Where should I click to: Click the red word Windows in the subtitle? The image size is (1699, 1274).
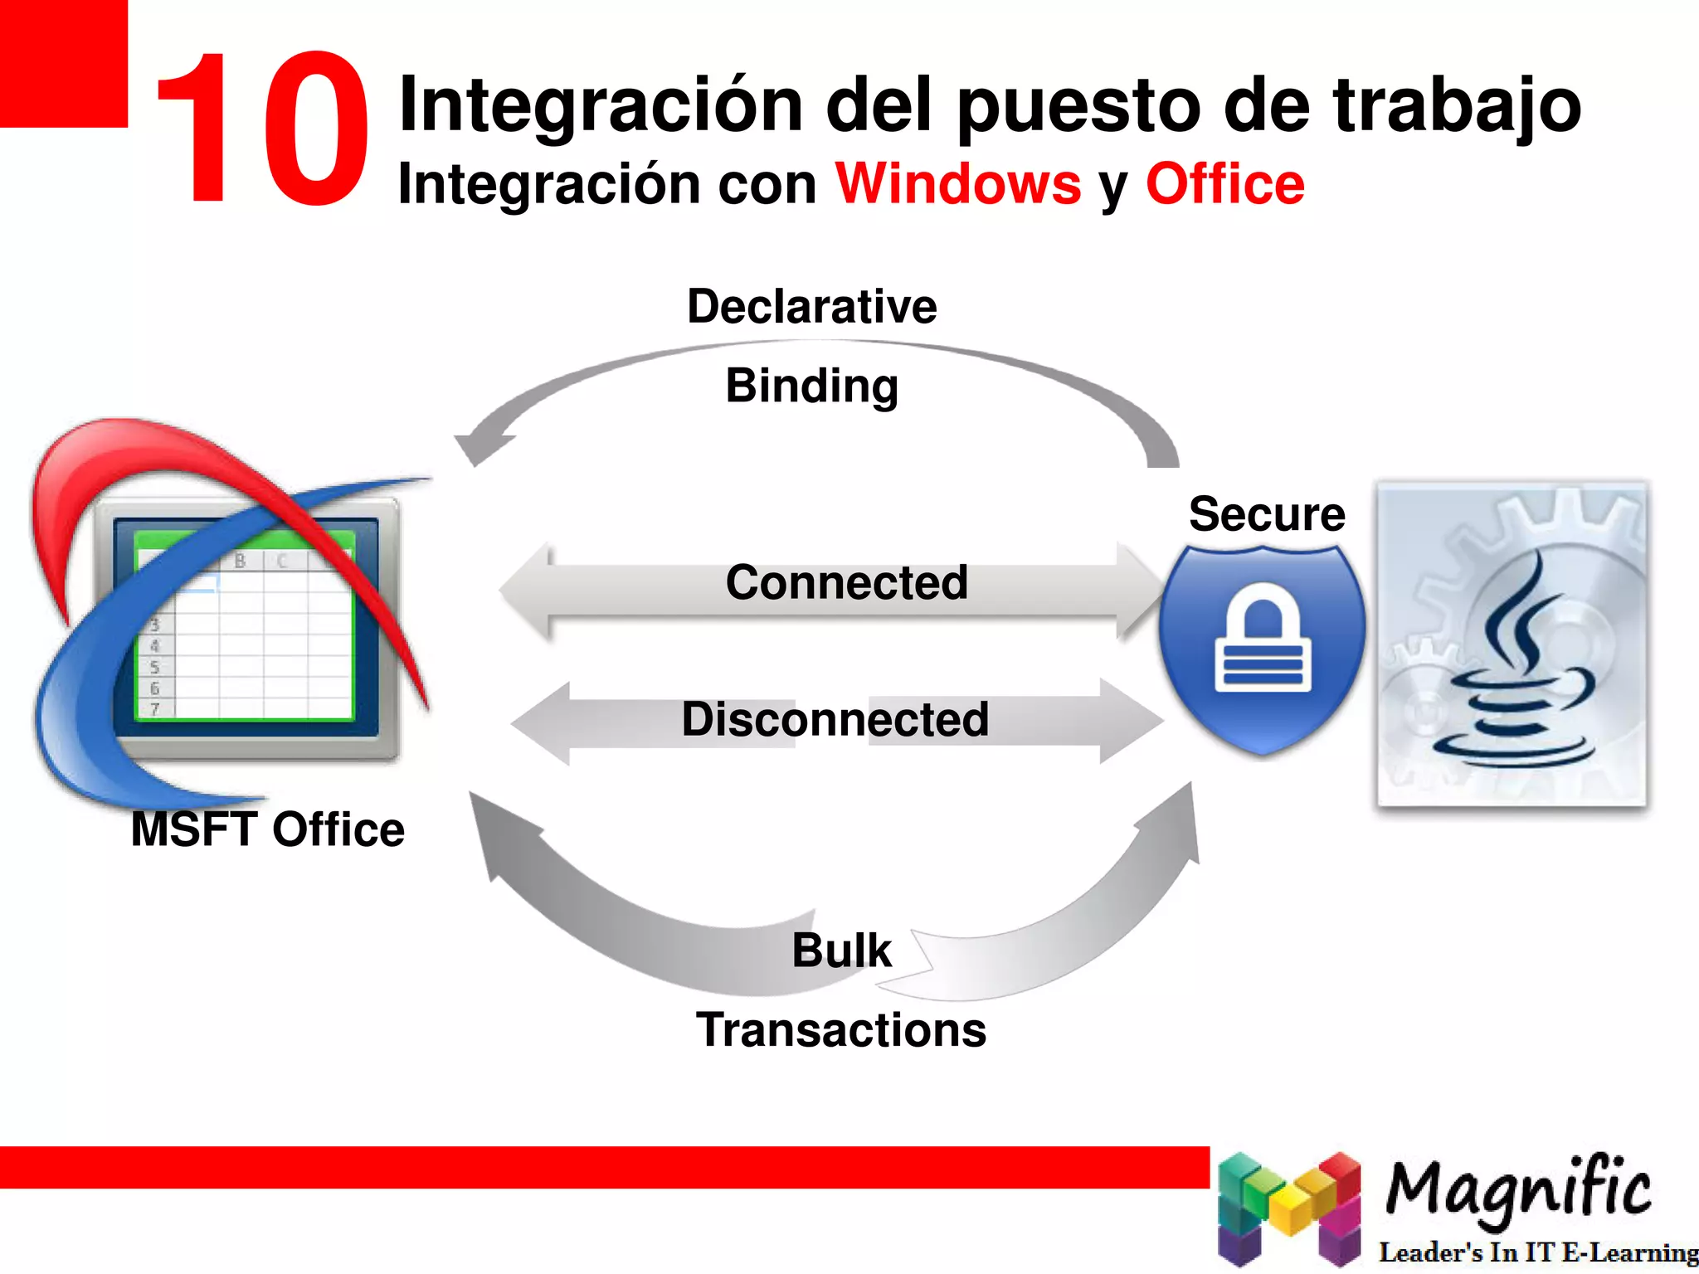(x=957, y=184)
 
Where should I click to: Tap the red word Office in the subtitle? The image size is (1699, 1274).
(x=1224, y=184)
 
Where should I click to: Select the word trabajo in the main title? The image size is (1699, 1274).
(x=1457, y=106)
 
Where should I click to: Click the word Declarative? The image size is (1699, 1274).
(x=811, y=306)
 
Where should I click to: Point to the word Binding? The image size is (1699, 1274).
(x=811, y=387)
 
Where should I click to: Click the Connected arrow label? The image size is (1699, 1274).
(x=846, y=582)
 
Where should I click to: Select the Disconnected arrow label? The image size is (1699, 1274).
(x=835, y=719)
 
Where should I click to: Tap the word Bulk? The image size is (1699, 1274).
(x=841, y=951)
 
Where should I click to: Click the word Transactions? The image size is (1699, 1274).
(x=841, y=1030)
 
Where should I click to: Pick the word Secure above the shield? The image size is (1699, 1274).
(x=1266, y=514)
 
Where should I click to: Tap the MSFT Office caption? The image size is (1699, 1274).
(x=267, y=829)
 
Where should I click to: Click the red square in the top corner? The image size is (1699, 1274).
(x=63, y=63)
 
